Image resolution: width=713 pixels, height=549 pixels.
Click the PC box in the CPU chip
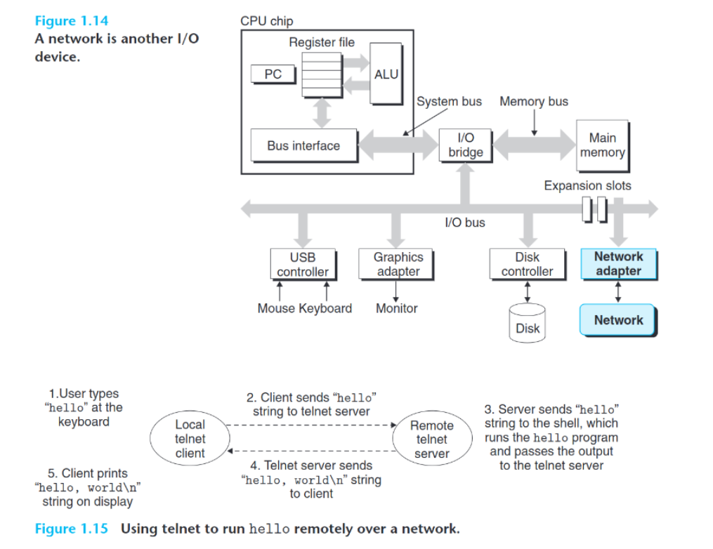point(273,74)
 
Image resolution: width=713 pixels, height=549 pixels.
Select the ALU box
point(386,74)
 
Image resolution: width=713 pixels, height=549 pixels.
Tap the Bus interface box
point(303,146)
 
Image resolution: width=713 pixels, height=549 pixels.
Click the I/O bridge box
point(465,145)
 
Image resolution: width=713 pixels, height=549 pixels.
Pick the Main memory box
point(602,145)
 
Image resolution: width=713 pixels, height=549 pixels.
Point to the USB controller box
point(303,265)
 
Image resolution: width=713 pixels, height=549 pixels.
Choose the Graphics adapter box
point(398,265)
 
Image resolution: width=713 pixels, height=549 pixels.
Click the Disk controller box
point(527,265)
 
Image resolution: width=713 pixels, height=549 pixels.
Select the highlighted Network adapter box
point(618,264)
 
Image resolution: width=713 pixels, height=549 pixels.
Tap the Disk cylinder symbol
point(528,323)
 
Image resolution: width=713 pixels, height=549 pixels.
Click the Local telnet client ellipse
point(190,439)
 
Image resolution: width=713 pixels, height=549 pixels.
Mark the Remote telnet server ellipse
point(431,439)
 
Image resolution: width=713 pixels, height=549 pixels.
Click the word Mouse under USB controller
point(276,308)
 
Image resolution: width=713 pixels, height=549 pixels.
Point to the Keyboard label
point(325,308)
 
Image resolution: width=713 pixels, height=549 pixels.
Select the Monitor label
point(397,308)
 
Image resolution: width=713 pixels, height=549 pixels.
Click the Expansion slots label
point(587,186)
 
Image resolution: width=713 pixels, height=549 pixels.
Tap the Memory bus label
point(534,102)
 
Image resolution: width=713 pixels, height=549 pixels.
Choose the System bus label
point(449,102)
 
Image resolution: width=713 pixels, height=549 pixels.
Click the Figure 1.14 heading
point(72,21)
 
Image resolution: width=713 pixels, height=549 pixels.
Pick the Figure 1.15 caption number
point(72,529)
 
